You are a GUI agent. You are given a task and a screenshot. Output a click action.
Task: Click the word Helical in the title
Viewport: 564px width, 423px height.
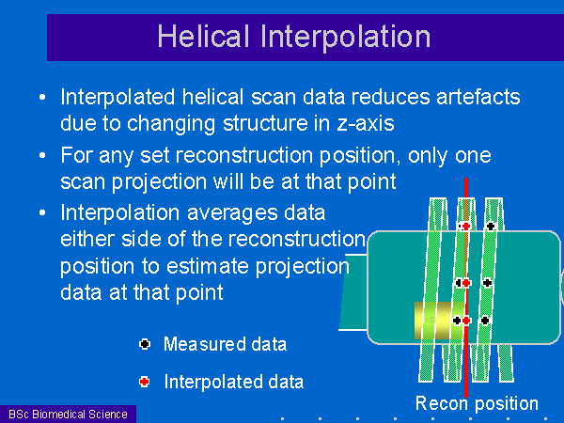203,36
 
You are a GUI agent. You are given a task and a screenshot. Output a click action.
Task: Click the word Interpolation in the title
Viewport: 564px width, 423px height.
345,38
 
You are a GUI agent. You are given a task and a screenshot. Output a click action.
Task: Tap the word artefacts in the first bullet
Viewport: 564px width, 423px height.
478,97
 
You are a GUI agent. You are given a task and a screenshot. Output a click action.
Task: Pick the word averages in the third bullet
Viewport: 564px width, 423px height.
232,213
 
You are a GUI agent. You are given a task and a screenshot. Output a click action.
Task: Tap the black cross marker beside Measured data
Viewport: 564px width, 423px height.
145,344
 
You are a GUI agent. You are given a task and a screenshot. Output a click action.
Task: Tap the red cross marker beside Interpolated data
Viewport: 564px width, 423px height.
145,382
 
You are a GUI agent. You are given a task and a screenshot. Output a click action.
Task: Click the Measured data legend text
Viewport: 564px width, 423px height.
226,344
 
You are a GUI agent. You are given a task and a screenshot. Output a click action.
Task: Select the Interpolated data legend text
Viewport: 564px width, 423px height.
234,382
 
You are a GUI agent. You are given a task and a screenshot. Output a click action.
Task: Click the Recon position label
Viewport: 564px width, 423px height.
477,403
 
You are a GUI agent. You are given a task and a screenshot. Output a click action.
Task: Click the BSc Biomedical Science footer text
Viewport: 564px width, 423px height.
68,415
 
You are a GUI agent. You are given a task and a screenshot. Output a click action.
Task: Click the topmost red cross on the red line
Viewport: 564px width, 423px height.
466,227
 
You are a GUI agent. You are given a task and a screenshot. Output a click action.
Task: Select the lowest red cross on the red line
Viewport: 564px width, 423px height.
466,321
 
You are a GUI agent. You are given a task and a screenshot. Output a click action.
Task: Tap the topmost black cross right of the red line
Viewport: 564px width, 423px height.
491,227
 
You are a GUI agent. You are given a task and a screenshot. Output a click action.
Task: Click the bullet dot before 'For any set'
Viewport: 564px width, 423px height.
42,155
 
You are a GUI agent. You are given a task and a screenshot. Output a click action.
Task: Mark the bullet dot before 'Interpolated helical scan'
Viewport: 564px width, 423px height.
42,97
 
